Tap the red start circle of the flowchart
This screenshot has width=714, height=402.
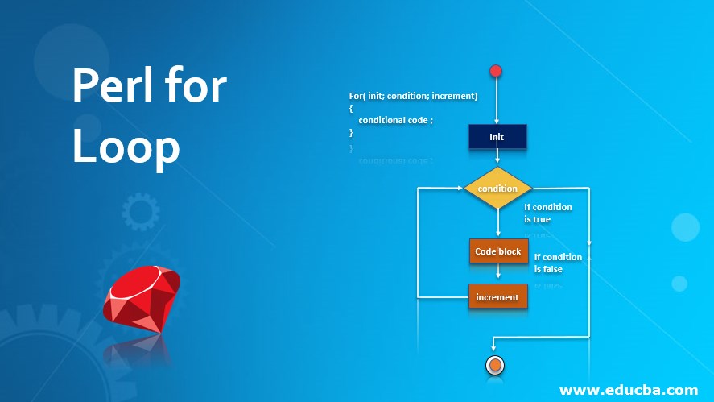coord(496,71)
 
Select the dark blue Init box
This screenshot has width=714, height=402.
coord(497,136)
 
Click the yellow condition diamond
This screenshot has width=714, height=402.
coord(497,189)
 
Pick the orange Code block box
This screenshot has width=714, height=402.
coord(498,251)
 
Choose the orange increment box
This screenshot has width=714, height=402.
coord(497,296)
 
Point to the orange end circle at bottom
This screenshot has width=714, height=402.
coord(495,366)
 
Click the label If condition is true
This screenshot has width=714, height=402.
coord(547,213)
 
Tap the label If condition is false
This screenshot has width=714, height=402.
coord(557,263)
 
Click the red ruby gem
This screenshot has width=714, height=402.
coord(142,297)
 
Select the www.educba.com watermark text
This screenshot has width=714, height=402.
coord(628,390)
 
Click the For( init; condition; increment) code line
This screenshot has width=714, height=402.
coord(413,96)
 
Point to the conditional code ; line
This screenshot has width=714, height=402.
coord(396,120)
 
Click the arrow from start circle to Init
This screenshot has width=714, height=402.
coord(497,101)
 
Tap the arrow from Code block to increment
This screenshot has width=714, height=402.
coord(498,274)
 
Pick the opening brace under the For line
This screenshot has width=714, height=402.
coord(352,108)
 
